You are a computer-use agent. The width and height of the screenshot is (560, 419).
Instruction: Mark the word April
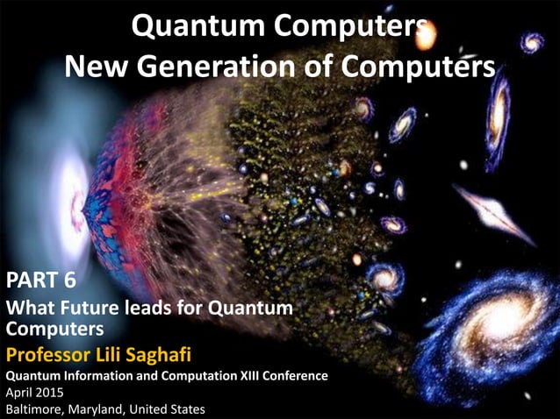(x=21, y=392)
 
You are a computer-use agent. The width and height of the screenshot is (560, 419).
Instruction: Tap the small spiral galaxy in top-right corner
(x=532, y=41)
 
